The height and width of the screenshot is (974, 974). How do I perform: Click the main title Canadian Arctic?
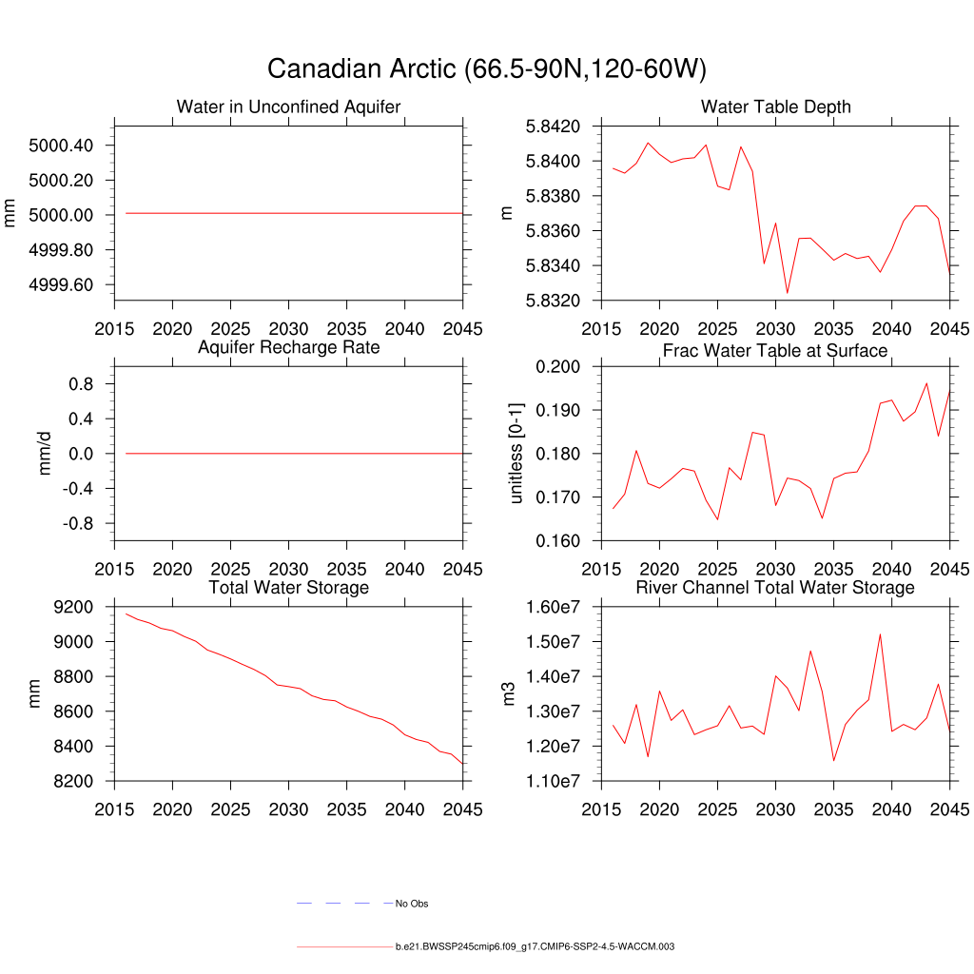click(486, 69)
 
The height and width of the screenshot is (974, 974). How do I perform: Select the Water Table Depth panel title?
click(775, 107)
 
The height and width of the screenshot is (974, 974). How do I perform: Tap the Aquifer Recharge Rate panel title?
click(288, 347)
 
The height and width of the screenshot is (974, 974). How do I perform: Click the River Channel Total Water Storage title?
click(775, 588)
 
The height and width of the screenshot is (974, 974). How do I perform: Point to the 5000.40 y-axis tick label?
click(61, 146)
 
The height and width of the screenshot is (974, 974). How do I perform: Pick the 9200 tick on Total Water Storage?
click(74, 607)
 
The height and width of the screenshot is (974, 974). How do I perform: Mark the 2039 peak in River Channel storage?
click(880, 633)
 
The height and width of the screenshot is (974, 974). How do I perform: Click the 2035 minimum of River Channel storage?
click(833, 760)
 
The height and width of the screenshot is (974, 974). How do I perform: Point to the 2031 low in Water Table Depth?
click(787, 293)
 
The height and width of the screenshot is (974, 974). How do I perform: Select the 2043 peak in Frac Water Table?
click(926, 383)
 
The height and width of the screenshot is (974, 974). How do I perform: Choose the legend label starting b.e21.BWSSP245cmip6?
click(535, 947)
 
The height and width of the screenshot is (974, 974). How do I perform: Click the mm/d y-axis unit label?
click(45, 454)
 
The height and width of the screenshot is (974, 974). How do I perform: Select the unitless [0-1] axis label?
click(516, 454)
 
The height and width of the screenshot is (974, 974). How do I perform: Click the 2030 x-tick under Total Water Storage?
click(288, 809)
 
